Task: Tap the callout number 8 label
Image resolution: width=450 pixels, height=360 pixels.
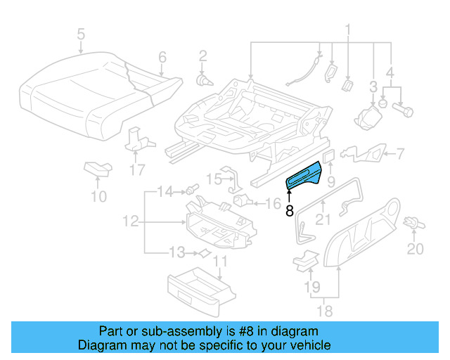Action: click(289, 210)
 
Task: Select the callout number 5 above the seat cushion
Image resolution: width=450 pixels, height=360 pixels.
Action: click(81, 33)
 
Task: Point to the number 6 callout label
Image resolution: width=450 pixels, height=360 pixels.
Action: click(162, 57)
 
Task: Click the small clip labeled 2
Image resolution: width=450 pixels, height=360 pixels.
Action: click(203, 80)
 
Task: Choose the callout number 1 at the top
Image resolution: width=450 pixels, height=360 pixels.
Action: click(347, 30)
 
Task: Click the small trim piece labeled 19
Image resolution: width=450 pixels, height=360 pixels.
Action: click(303, 259)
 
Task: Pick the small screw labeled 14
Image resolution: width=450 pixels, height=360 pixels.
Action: click(188, 191)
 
